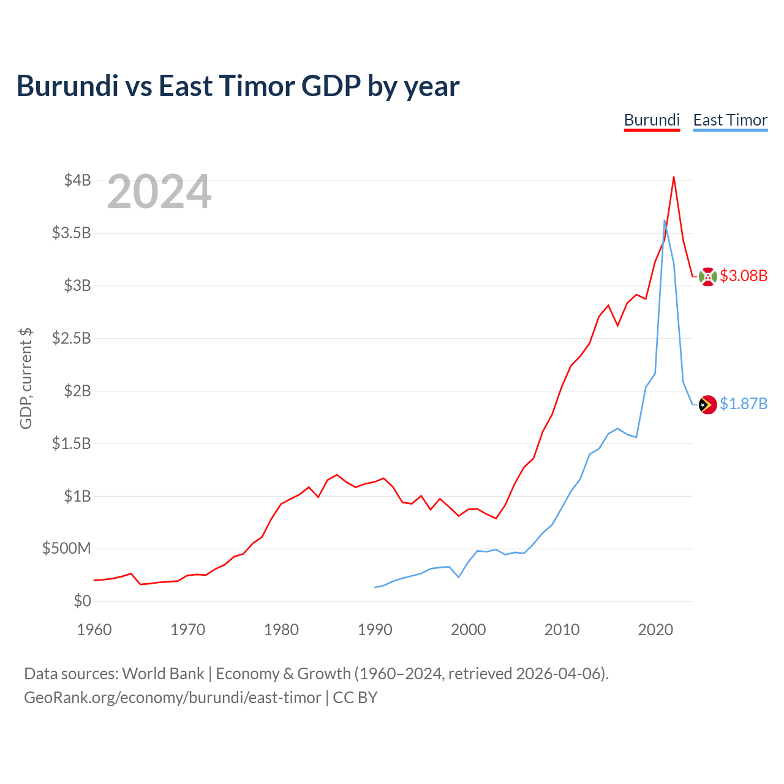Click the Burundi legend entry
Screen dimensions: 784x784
point(652,121)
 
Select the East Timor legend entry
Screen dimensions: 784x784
point(730,121)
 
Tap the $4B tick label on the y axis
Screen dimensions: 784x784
point(77,180)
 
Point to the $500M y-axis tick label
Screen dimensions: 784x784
point(66,548)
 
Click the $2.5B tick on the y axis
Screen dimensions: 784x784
point(71,338)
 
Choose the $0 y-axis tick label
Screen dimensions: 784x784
point(82,601)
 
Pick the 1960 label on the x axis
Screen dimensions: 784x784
point(94,630)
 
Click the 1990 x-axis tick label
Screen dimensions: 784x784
point(375,630)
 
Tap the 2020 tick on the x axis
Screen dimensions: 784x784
point(655,630)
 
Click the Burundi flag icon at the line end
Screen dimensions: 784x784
point(707,277)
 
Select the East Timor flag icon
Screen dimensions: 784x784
point(707,405)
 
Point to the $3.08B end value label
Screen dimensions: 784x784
point(744,276)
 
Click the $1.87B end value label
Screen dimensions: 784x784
point(744,404)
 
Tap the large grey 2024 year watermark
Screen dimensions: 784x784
point(159,191)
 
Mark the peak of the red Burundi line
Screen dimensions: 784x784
point(674,178)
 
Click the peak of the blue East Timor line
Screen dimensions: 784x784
point(665,221)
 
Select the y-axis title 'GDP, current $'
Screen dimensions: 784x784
point(26,379)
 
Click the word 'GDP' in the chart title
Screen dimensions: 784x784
point(331,86)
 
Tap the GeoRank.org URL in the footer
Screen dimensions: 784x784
point(173,698)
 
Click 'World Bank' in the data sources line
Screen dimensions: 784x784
point(163,674)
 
